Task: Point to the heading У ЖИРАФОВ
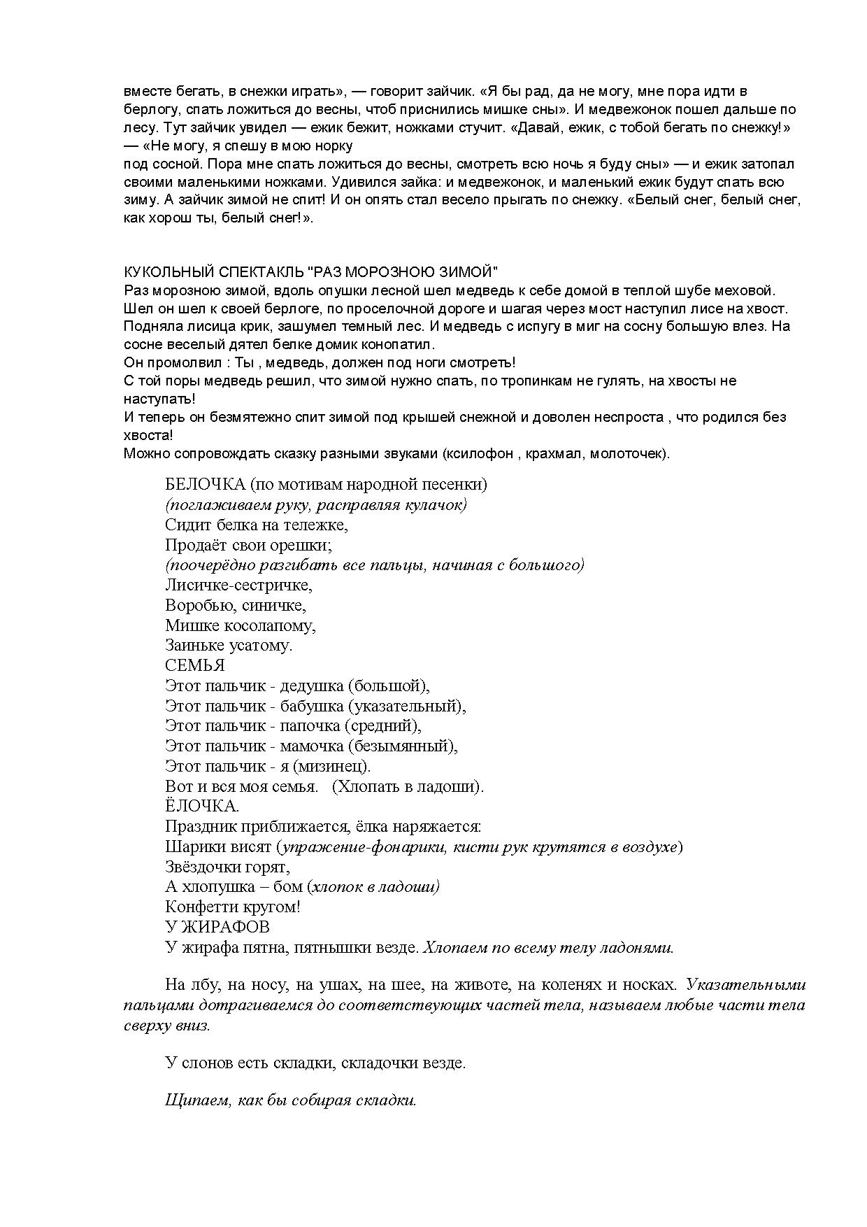tap(217, 927)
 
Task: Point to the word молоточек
tap(627, 453)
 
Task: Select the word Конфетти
tap(199, 907)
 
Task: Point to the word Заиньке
tap(193, 645)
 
